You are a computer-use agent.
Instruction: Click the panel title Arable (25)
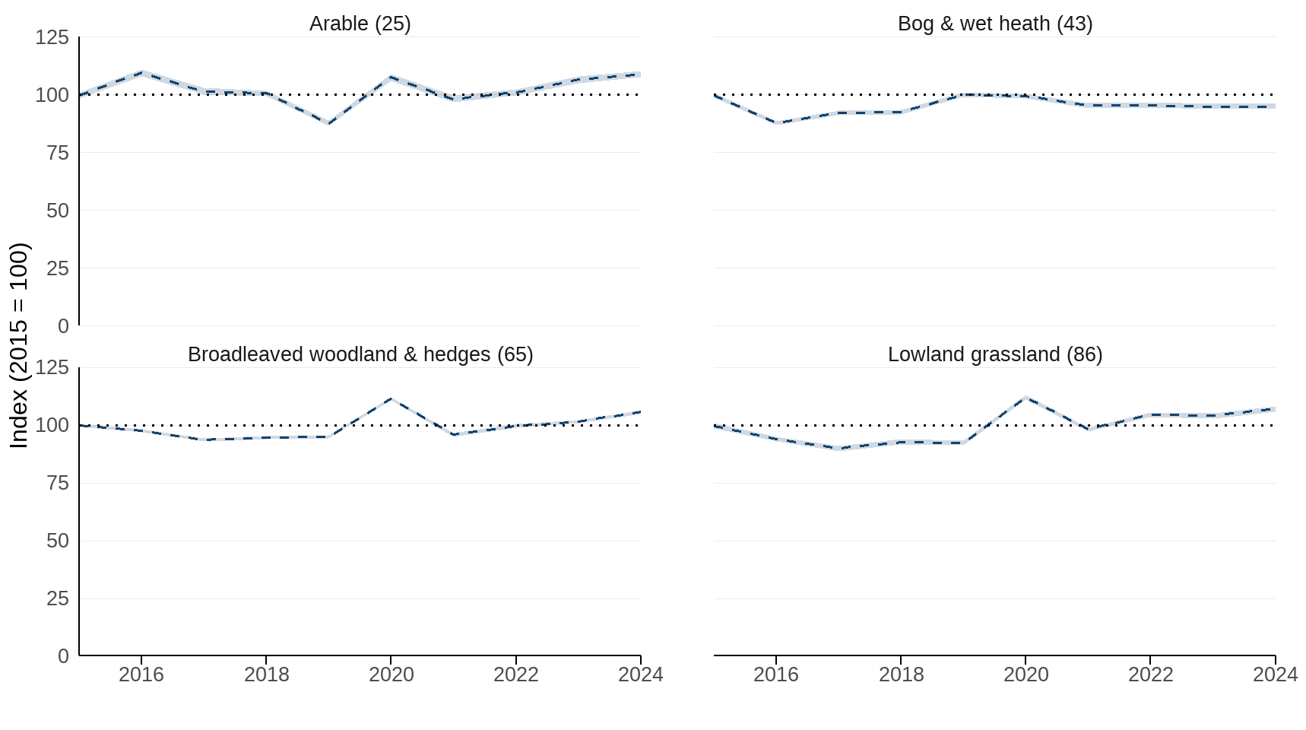[360, 24]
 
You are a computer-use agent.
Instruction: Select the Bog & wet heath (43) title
[994, 24]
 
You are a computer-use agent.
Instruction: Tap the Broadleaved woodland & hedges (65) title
[360, 354]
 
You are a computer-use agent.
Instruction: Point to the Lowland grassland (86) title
[994, 354]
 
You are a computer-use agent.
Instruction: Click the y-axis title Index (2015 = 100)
[19, 345]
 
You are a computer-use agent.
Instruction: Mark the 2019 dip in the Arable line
[328, 123]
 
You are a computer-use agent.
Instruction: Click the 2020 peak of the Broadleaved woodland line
[391, 398]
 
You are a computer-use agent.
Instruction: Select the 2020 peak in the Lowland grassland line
[1025, 397]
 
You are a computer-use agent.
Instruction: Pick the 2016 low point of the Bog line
[776, 123]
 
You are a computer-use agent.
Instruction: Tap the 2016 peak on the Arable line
[141, 73]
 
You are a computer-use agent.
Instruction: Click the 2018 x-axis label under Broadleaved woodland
[266, 674]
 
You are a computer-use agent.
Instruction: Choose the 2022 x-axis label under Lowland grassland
[1150, 674]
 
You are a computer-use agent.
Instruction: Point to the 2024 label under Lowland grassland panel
[1275, 674]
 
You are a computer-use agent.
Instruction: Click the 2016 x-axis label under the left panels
[141, 674]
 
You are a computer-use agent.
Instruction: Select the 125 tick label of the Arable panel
[52, 37]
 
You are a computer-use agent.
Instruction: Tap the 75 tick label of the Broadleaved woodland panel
[57, 483]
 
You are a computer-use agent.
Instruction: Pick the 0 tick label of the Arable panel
[63, 326]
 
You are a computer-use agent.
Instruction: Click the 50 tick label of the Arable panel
[57, 211]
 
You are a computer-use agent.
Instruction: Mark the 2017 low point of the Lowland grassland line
[838, 449]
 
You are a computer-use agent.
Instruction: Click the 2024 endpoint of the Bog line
[1274, 106]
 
